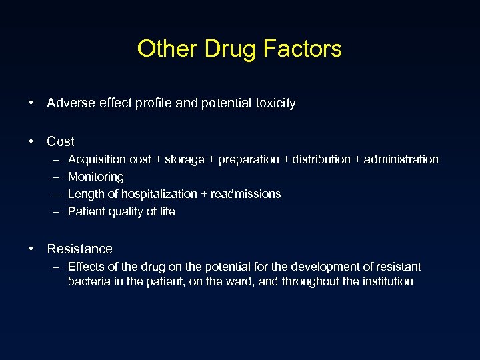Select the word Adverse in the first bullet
pyautogui.click(x=70, y=103)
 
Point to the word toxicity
pyautogui.click(x=271, y=103)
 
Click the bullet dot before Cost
pyautogui.click(x=31, y=141)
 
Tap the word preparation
pyautogui.click(x=249, y=159)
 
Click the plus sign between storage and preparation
pyautogui.click(x=213, y=159)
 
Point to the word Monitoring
pyautogui.click(x=96, y=177)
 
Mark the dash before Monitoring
pyautogui.click(x=54, y=177)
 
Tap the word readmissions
pyautogui.click(x=246, y=194)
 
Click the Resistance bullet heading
pyautogui.click(x=79, y=249)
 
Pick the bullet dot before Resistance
pyautogui.click(x=31, y=249)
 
